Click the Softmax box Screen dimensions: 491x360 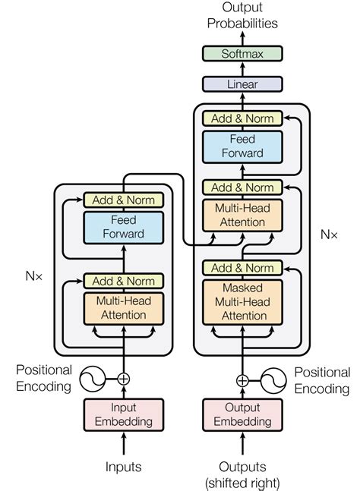point(242,54)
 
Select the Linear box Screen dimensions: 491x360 point(242,85)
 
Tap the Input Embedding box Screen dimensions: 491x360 point(123,414)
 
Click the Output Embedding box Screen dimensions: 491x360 point(242,414)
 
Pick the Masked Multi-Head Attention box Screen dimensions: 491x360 point(242,301)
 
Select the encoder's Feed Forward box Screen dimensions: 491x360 point(123,226)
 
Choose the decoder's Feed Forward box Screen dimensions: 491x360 point(242,146)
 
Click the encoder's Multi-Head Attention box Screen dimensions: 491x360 point(123,307)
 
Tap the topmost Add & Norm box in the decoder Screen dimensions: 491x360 point(242,118)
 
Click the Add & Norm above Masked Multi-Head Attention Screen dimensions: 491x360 point(242,268)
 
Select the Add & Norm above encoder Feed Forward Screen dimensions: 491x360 point(123,200)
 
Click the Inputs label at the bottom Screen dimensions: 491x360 point(123,466)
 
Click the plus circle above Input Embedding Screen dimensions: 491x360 point(123,378)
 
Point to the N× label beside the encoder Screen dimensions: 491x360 point(31,278)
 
